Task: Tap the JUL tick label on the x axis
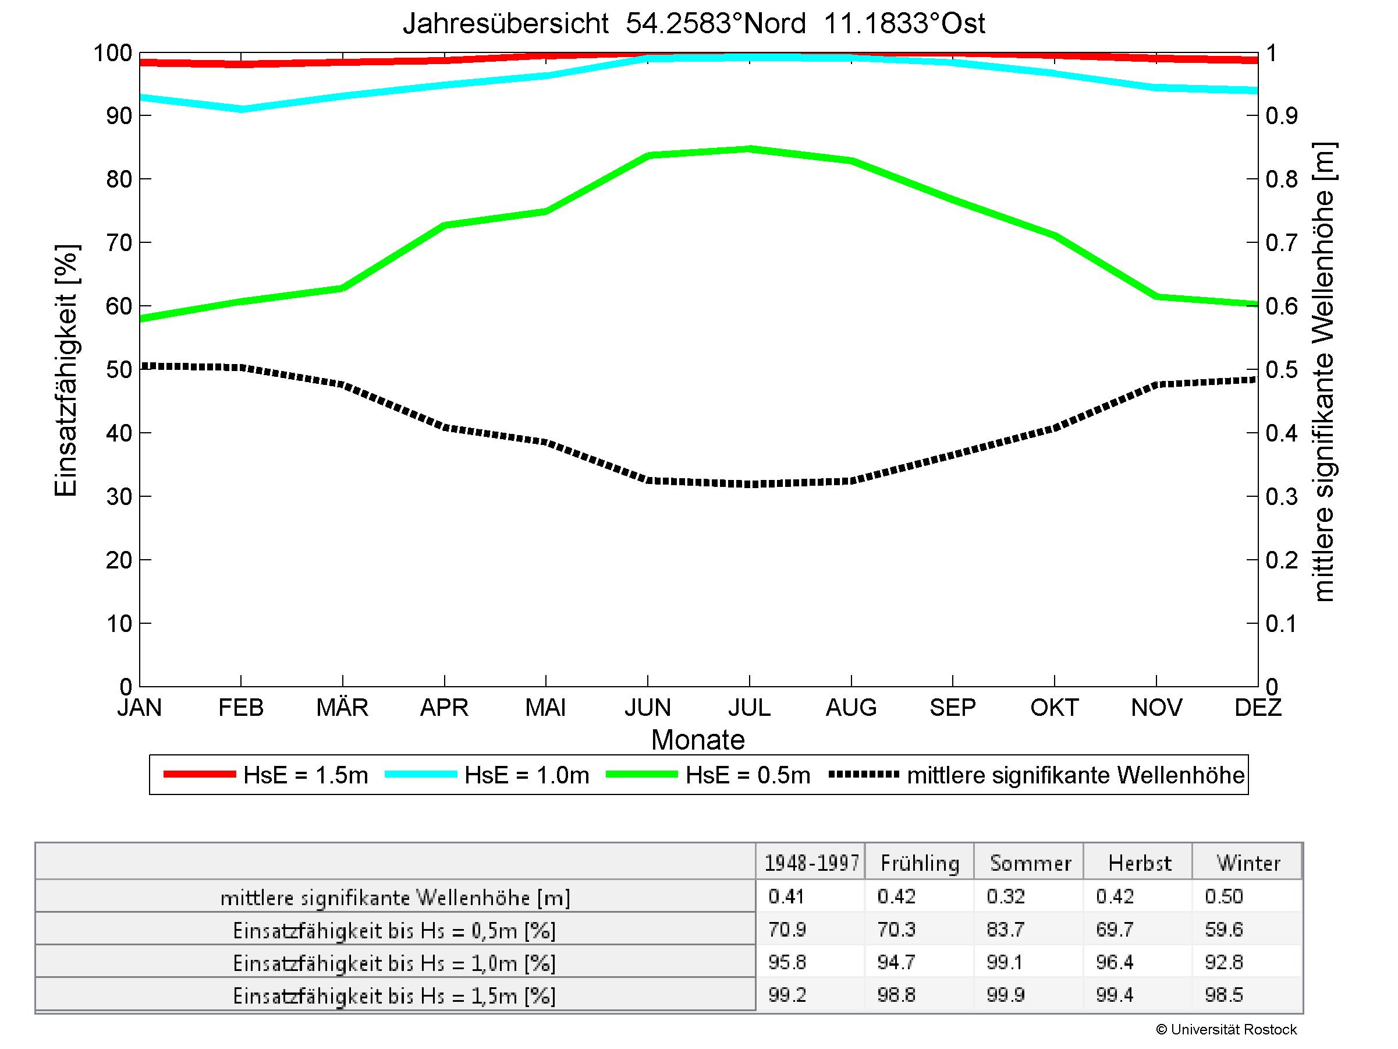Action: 749,707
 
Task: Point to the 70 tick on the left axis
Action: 119,242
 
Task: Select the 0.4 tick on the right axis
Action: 1281,433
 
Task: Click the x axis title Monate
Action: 698,739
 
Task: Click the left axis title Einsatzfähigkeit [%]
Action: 66,370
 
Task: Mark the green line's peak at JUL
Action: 749,149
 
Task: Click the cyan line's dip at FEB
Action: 241,110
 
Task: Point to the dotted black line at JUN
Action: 648,481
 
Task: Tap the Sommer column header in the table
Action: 1030,863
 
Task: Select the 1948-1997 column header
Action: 811,863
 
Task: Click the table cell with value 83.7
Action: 1006,930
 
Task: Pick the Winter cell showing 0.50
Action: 1223,896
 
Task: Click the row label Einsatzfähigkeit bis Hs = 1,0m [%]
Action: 395,963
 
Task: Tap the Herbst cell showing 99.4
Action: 1115,995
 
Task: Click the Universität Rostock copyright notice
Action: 1226,1030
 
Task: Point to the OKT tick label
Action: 1054,707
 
